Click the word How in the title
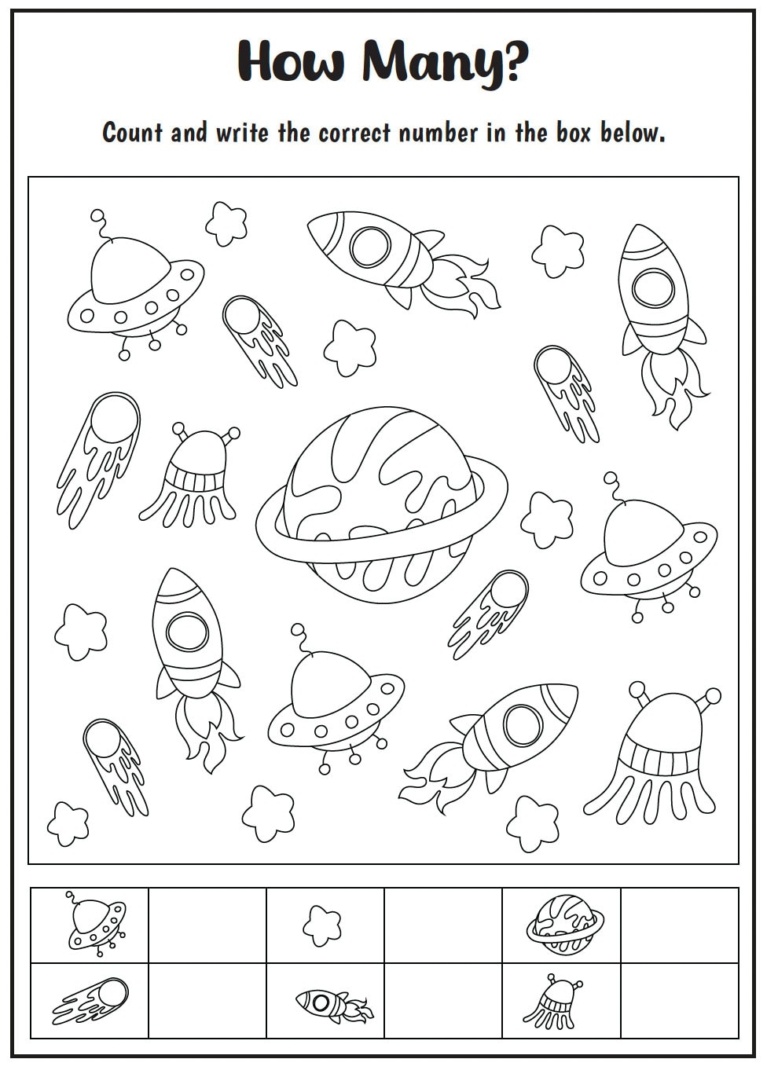291,61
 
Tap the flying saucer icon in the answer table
95,923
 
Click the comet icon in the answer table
90,999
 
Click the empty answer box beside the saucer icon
207,925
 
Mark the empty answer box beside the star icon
443,925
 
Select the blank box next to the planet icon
680,925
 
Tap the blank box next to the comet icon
207,1000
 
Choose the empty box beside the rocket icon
443,1000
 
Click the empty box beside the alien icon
680,1000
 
